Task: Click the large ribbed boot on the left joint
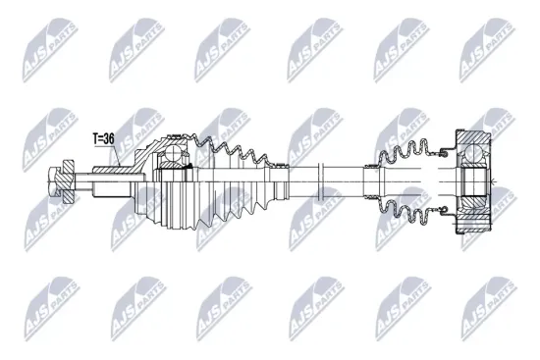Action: pyautogui.click(x=226, y=186)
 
